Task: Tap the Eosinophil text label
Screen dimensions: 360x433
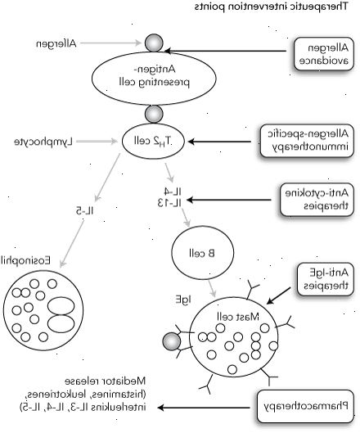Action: (x=26, y=260)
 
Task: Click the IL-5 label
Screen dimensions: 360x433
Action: (x=85, y=211)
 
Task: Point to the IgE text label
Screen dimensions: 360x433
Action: (x=183, y=300)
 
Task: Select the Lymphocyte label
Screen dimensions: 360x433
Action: (x=43, y=142)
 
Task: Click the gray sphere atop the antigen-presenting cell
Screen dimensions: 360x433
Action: (x=154, y=43)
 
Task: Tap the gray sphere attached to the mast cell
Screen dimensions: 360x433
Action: (x=172, y=342)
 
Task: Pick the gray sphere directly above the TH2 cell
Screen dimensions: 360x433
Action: (x=154, y=114)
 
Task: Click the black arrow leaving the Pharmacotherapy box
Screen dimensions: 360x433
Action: (x=204, y=408)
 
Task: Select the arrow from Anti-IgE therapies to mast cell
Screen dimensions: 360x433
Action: (x=278, y=295)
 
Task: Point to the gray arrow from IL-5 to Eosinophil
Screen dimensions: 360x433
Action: (x=72, y=244)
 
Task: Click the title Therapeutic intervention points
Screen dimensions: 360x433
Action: (x=271, y=7)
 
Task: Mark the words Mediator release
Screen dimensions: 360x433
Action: (x=106, y=381)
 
